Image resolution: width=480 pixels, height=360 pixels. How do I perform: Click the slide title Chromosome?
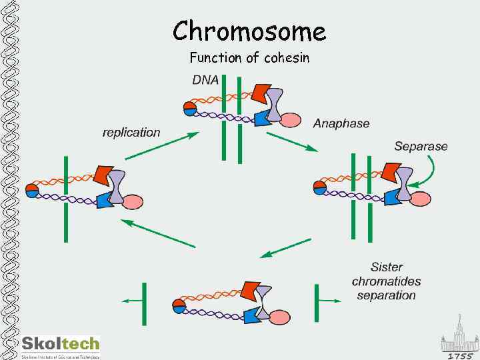[x=249, y=31]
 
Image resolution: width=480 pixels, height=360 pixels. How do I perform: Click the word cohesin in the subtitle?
[x=287, y=58]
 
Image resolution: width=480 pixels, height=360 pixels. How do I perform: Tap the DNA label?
[x=205, y=80]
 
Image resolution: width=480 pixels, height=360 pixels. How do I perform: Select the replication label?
[x=131, y=132]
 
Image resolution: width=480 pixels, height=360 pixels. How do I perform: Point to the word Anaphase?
[x=341, y=123]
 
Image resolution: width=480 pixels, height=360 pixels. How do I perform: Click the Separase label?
[x=421, y=146]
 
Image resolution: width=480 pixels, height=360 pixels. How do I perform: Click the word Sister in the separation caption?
[x=387, y=267]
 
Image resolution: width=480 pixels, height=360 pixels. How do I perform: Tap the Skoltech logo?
[x=61, y=345]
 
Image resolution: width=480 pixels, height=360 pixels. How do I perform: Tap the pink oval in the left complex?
[x=133, y=201]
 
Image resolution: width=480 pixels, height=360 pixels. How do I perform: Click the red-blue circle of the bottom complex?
[x=178, y=306]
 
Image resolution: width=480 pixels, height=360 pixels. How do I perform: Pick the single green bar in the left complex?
[x=66, y=198]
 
